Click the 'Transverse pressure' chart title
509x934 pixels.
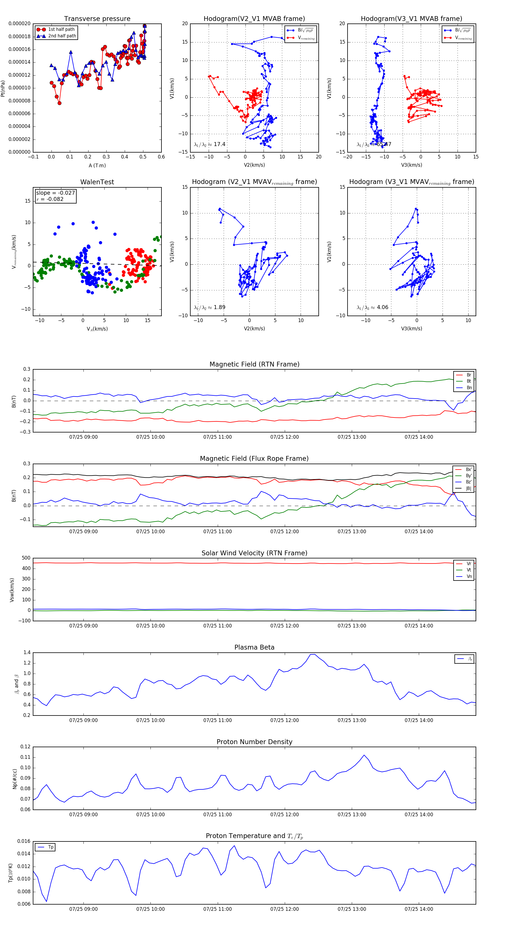(x=97, y=19)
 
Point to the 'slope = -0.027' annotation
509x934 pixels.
(x=55, y=193)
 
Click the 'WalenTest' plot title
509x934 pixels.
(x=97, y=182)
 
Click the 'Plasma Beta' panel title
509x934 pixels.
(x=254, y=647)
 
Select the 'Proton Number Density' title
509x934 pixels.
(x=254, y=742)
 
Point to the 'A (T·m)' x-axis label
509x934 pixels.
(x=97, y=165)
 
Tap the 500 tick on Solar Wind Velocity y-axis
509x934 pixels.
(x=26, y=558)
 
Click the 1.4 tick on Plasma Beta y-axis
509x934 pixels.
(x=27, y=652)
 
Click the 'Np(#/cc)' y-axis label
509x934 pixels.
(x=14, y=778)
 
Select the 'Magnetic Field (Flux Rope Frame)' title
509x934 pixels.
(x=254, y=459)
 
